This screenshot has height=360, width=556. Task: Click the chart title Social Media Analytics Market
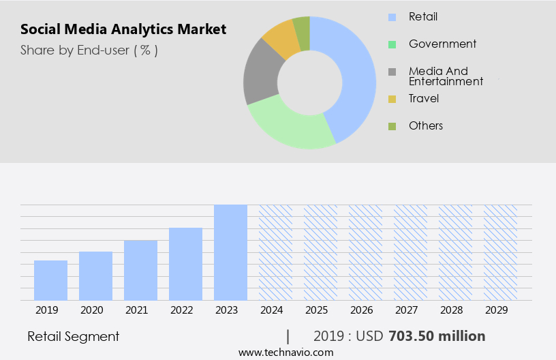pyautogui.click(x=123, y=30)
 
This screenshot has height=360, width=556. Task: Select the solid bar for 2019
pyautogui.click(x=50, y=280)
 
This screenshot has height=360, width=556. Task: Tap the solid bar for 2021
pyautogui.click(x=140, y=270)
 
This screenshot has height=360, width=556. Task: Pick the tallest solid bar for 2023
pyautogui.click(x=230, y=252)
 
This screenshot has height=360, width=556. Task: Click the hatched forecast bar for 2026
pyautogui.click(x=365, y=252)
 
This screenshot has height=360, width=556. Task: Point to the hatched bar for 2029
pyautogui.click(x=500, y=252)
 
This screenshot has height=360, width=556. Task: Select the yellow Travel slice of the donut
pyautogui.click(x=281, y=40)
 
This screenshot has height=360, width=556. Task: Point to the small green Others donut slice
pyautogui.click(x=302, y=33)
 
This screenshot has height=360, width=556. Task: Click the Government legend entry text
pyautogui.click(x=442, y=44)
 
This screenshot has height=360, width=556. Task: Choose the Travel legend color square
pyautogui.click(x=392, y=99)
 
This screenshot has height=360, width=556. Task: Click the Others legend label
pyautogui.click(x=426, y=125)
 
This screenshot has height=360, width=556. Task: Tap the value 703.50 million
pyautogui.click(x=437, y=336)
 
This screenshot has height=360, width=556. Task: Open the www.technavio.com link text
pyautogui.click(x=285, y=352)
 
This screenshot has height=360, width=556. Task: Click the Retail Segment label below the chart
pyautogui.click(x=74, y=336)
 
